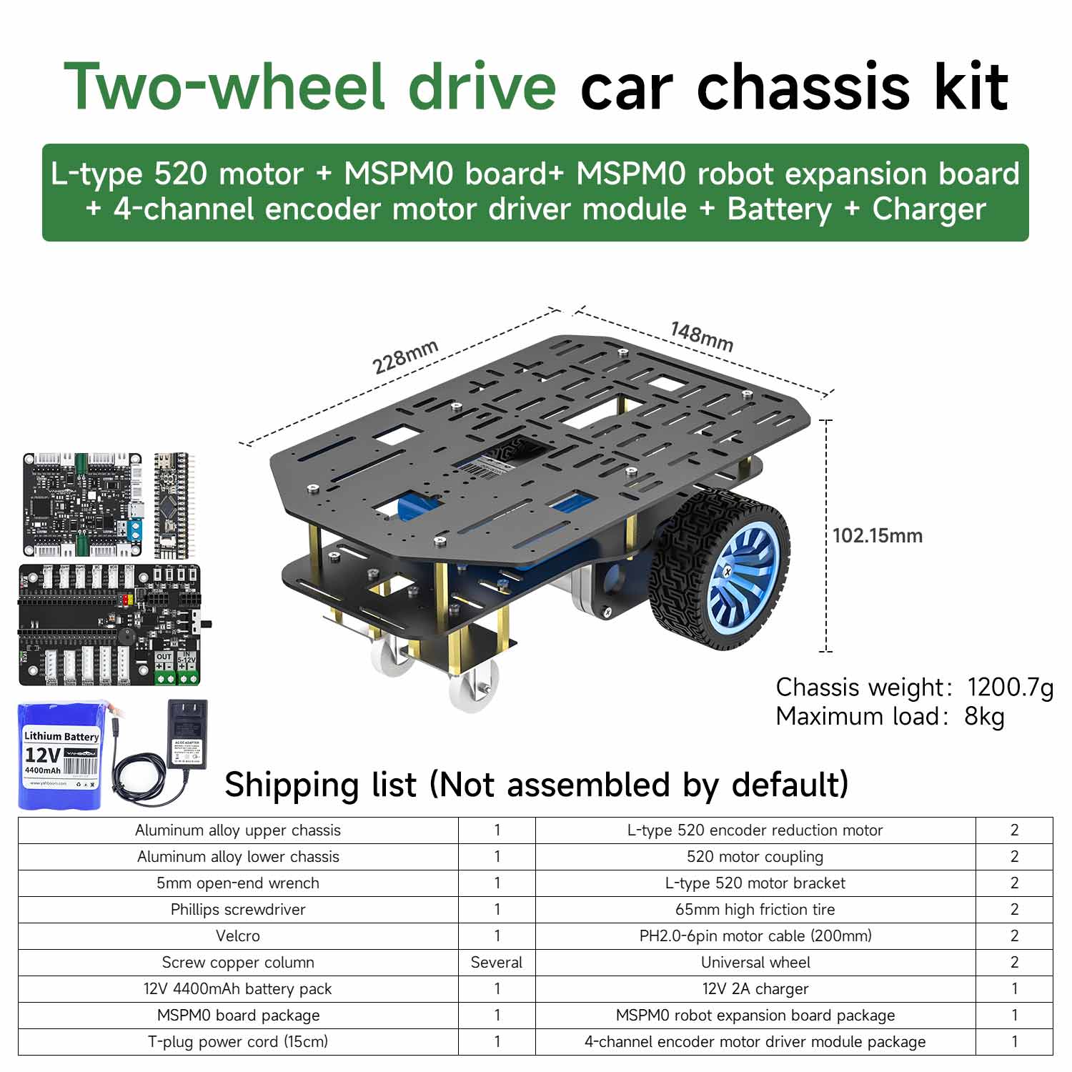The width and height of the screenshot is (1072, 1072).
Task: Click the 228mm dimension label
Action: pos(405,356)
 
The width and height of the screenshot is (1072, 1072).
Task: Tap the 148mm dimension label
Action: pos(702,337)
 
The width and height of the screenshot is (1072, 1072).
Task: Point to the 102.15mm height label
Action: pos(877,535)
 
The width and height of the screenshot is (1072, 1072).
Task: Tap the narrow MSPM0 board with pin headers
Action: pos(172,505)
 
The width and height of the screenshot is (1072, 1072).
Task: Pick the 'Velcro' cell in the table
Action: pos(238,935)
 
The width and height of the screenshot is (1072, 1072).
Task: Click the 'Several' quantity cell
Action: pos(497,962)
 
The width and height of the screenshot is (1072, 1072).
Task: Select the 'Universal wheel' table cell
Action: pos(755,962)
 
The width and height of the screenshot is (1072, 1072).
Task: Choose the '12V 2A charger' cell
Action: pos(755,988)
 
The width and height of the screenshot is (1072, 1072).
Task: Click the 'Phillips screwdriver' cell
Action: pos(238,909)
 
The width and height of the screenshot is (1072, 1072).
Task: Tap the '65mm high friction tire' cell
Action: pos(755,909)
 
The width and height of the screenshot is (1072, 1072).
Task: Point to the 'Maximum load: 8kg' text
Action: pos(890,716)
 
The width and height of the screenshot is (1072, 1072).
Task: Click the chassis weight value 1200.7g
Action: pos(1010,687)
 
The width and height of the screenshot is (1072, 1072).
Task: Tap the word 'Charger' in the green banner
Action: pos(929,209)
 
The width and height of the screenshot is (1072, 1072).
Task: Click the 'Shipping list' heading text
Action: pos(320,784)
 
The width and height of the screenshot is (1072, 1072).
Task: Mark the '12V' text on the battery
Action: pos(43,755)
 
